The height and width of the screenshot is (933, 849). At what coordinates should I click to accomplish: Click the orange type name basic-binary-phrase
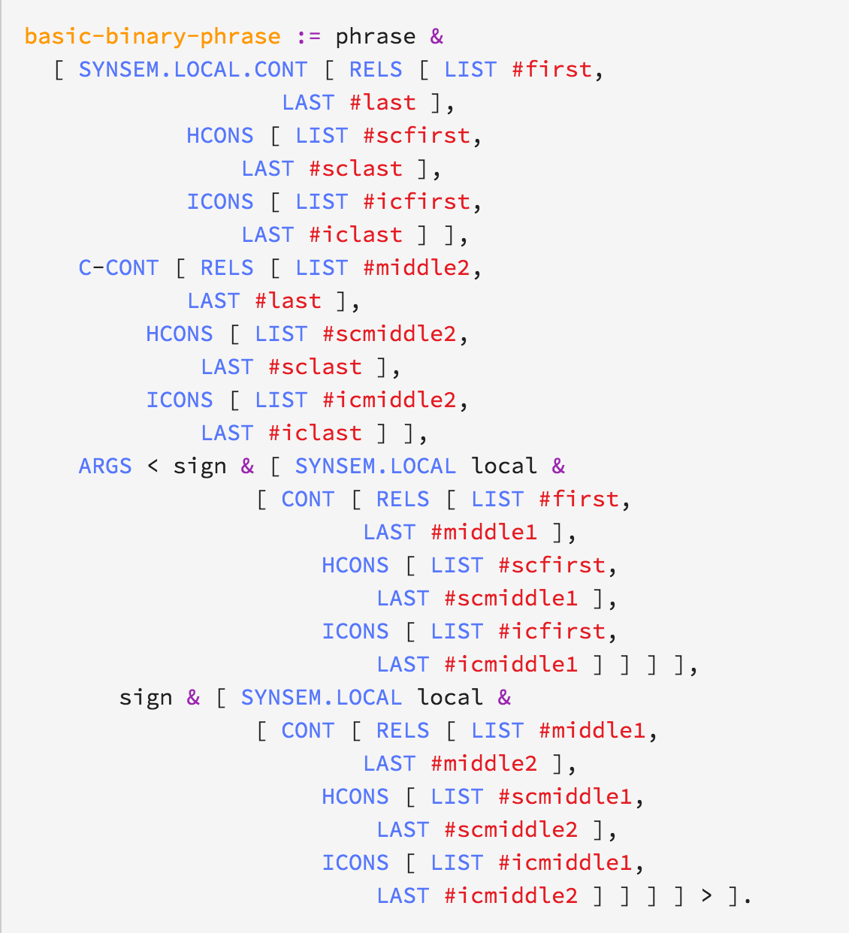[x=153, y=36]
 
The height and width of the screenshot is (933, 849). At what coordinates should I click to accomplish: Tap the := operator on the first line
[x=308, y=36]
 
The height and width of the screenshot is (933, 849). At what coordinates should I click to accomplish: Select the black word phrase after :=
[x=375, y=36]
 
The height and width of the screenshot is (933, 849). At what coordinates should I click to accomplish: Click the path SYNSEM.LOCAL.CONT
[x=193, y=69]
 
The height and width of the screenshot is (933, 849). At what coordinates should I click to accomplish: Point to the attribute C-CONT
[x=119, y=267]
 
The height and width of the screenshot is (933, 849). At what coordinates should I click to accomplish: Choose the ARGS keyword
[x=105, y=466]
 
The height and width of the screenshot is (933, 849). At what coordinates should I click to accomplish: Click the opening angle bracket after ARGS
[x=153, y=466]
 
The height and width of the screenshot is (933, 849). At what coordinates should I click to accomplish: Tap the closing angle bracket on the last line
[x=706, y=895]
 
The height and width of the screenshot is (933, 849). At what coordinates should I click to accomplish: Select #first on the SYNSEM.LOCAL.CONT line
[x=552, y=69]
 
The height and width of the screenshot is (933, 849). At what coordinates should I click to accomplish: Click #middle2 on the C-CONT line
[x=416, y=267]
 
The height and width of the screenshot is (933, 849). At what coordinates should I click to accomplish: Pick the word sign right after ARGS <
[x=200, y=466]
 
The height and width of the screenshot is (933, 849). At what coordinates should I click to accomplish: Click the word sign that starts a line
[x=146, y=697]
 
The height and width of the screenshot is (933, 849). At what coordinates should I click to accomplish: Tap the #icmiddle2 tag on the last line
[x=511, y=895]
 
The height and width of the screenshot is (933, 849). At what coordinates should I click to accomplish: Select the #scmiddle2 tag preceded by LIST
[x=389, y=334]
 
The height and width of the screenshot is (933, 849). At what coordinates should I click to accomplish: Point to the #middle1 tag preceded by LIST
[x=593, y=730]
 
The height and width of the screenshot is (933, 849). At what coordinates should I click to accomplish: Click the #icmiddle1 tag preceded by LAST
[x=511, y=664]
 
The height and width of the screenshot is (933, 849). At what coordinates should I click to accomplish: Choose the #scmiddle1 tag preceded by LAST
[x=511, y=598]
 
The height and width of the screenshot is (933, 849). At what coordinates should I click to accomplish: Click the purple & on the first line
[x=437, y=36]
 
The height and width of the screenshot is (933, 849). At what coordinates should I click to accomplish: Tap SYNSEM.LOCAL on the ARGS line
[x=375, y=466]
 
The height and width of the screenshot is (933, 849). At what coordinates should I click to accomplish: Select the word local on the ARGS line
[x=504, y=466]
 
